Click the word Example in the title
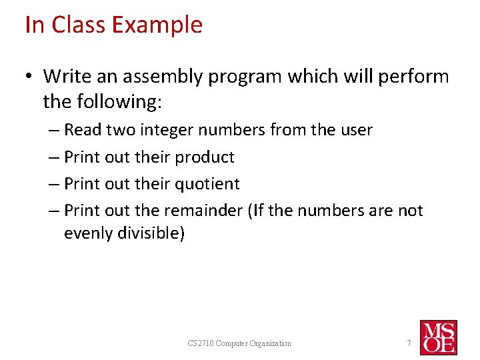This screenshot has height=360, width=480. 157,25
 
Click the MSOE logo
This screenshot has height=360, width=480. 438,337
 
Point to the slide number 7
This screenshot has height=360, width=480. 409,343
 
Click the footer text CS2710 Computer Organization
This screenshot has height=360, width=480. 239,343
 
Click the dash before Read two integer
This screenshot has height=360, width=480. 54,130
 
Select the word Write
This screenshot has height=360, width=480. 67,77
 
